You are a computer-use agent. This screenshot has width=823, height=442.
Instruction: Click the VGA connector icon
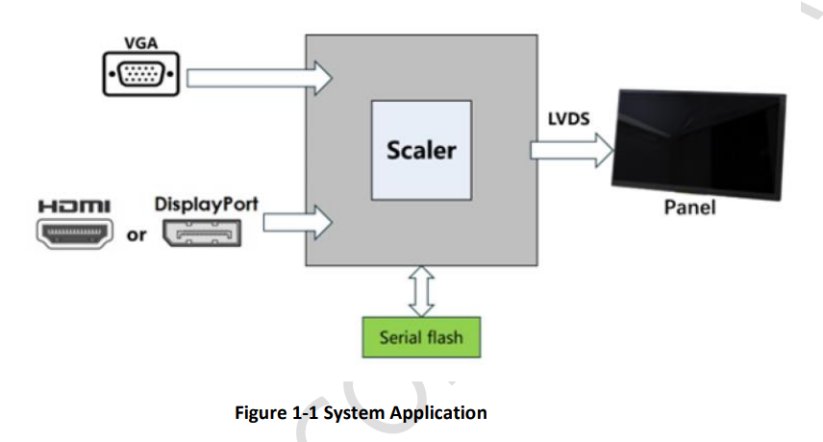(141, 75)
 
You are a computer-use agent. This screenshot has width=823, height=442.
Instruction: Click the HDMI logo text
(74, 207)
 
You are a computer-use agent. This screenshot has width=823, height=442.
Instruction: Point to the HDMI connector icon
(75, 233)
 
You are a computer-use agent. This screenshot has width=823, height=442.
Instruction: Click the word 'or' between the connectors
(137, 234)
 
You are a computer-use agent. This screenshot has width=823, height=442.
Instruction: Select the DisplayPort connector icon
(200, 233)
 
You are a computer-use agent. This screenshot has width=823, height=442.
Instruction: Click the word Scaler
(421, 151)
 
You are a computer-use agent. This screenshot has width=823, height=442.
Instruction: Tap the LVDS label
(569, 117)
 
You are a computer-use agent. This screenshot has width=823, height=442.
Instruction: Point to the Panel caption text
(690, 208)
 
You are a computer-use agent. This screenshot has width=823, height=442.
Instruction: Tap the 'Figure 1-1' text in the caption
(272, 413)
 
